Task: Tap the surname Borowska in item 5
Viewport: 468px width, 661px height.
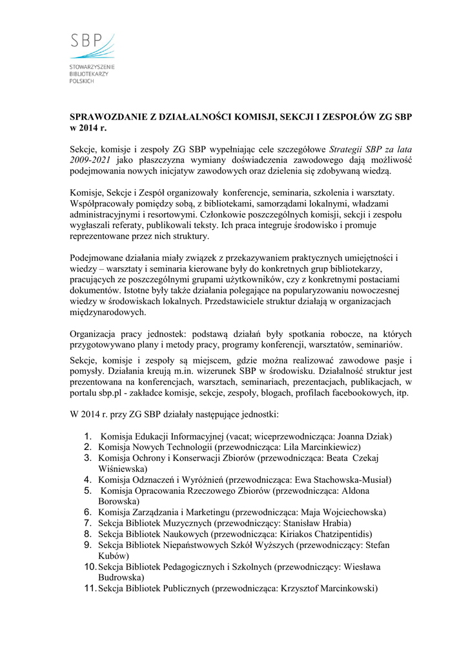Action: click(118, 501)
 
